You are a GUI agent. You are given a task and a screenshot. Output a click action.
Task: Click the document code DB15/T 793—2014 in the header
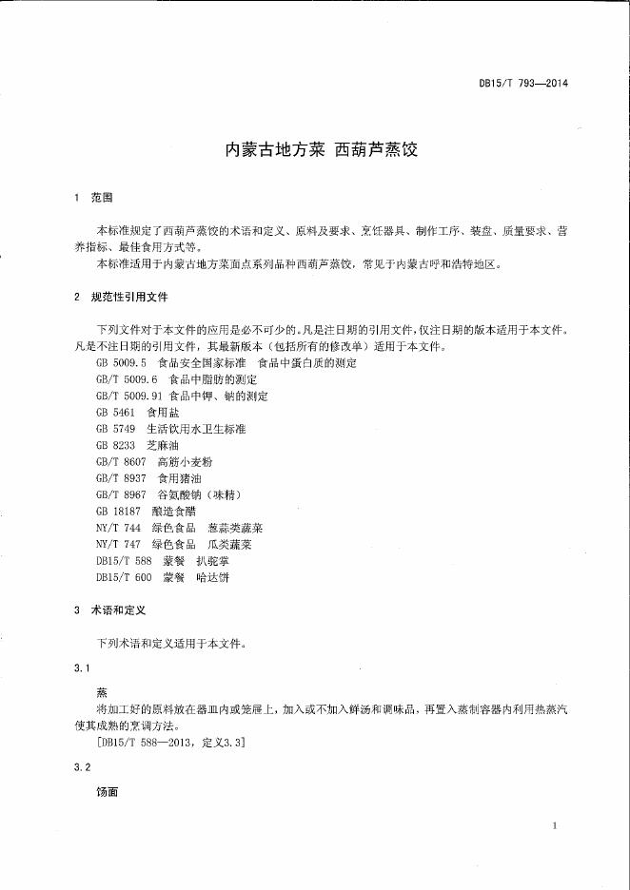pos(523,83)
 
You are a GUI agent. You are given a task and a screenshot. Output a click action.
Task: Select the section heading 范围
pos(102,198)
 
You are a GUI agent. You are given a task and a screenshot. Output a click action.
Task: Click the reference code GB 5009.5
pos(120,363)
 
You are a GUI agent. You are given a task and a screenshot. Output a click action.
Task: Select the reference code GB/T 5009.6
pos(125,379)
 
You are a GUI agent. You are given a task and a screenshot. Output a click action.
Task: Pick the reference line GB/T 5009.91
pos(181,396)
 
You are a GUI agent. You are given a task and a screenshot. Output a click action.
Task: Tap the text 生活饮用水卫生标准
pos(195,429)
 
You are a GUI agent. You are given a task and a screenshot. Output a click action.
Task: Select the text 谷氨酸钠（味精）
pos(198,494)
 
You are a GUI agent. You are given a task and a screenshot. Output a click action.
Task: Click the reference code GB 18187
pos(118,512)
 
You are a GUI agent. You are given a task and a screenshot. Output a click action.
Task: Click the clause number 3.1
pos(81,668)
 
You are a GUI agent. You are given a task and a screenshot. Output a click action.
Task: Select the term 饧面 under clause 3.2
pos(107,791)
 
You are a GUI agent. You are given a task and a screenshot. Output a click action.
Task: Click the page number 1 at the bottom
pos(554,826)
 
